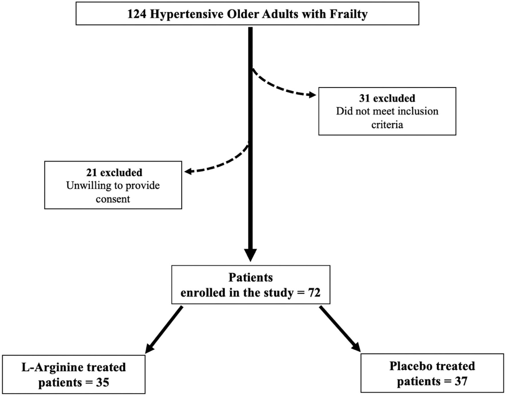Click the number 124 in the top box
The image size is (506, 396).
coord(136,14)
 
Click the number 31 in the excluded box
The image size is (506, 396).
coord(365,98)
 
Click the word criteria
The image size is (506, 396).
coord(387,125)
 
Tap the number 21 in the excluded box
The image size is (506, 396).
coord(92,172)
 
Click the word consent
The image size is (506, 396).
coord(113,199)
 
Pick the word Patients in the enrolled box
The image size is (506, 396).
coord(250,277)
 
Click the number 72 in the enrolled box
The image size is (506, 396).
coord(314,292)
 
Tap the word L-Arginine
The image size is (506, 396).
coord(52,367)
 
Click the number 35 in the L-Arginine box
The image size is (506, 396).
coord(103,383)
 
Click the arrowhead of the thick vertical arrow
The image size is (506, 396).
coord(250,254)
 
